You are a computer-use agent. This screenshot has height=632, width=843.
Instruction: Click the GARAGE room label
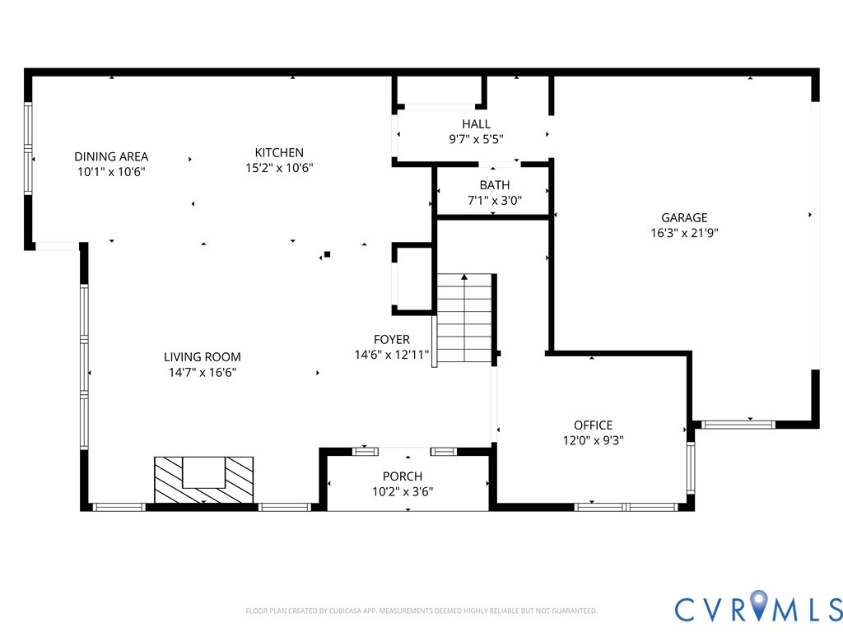tap(684, 218)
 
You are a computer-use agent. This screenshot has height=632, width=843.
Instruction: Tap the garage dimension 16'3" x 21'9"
tap(684, 232)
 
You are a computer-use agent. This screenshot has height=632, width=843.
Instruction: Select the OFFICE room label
tap(593, 425)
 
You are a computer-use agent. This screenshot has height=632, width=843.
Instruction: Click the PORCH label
tap(402, 476)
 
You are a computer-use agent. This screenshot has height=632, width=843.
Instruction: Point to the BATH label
tap(494, 185)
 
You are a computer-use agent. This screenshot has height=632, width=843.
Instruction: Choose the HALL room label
tap(476, 124)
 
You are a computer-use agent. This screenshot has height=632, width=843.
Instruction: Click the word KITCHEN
tap(279, 152)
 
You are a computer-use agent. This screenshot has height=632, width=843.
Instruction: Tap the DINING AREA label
tap(111, 156)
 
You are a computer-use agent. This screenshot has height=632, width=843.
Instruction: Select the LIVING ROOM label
tap(202, 357)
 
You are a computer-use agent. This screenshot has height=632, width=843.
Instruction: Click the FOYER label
tap(391, 339)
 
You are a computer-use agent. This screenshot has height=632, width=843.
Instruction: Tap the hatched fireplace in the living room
tap(203, 479)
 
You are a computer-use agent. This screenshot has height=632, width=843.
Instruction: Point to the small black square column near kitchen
tap(327, 254)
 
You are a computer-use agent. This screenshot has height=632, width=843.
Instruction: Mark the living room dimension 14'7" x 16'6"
tap(202, 372)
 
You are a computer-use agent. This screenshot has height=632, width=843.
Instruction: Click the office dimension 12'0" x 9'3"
tap(593, 440)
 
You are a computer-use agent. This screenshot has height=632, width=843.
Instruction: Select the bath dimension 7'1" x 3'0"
tap(494, 200)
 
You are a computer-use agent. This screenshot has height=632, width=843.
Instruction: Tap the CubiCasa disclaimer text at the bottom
tap(421, 611)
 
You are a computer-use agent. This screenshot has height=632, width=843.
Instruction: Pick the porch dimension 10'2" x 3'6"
tap(402, 491)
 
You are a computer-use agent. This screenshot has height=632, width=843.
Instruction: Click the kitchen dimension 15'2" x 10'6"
tap(279, 167)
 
